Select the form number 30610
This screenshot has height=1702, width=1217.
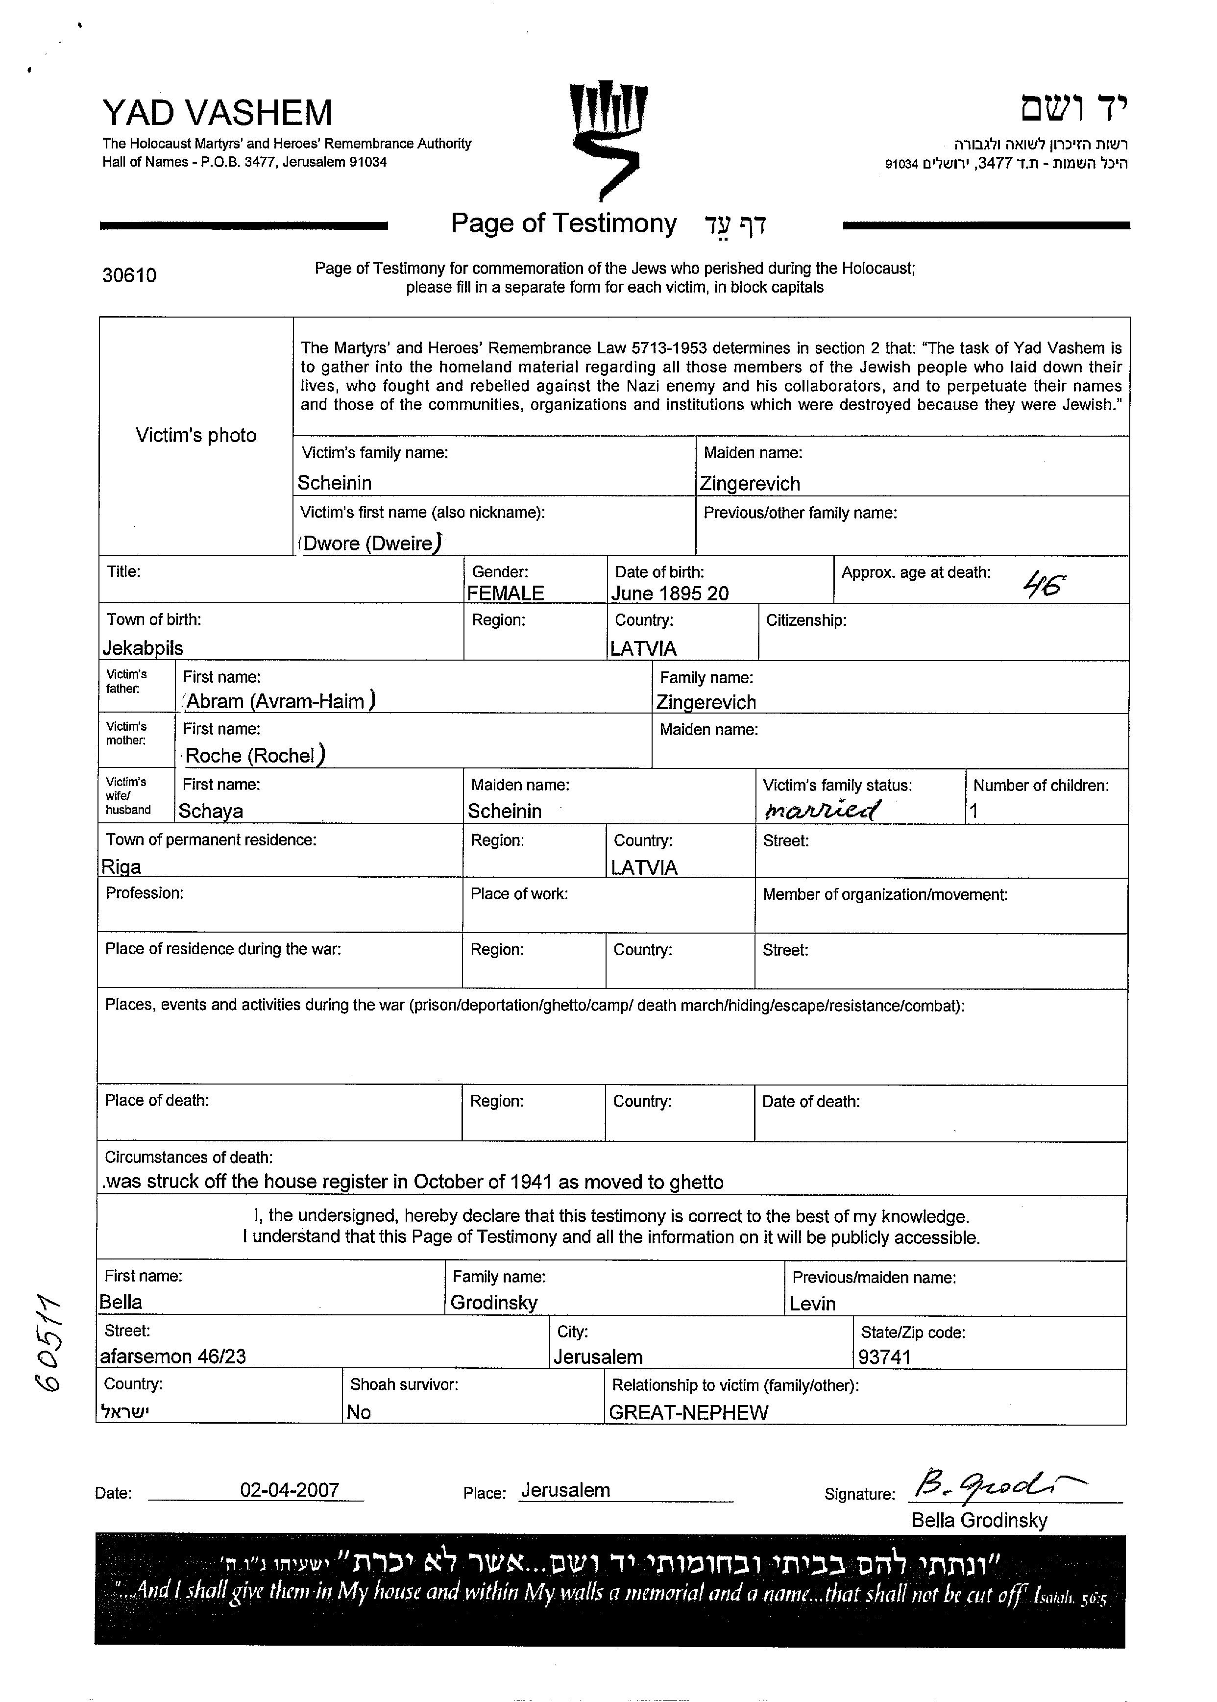click(x=130, y=276)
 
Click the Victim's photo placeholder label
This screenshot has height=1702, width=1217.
click(x=195, y=436)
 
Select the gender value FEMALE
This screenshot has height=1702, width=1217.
click(x=505, y=593)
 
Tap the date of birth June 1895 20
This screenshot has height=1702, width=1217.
click(x=670, y=593)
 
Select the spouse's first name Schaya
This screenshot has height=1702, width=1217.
click(x=211, y=811)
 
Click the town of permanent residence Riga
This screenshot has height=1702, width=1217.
click(x=122, y=867)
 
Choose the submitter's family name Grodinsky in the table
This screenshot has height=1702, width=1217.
click(x=494, y=1303)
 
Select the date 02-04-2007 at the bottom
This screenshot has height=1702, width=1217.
click(x=289, y=1490)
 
